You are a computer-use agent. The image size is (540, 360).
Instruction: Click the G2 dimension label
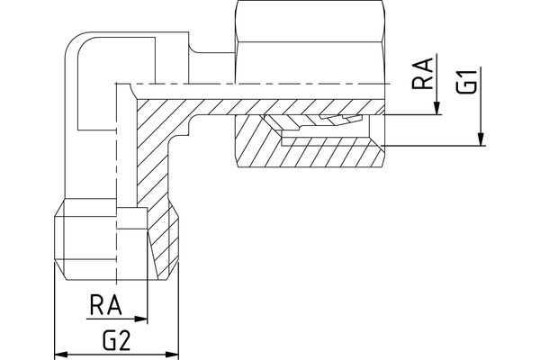(116, 341)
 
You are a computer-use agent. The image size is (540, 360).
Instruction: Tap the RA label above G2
(106, 305)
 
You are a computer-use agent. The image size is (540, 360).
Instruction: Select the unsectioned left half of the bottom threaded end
(85, 238)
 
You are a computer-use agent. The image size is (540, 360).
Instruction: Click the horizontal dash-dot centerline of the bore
(270, 83)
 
